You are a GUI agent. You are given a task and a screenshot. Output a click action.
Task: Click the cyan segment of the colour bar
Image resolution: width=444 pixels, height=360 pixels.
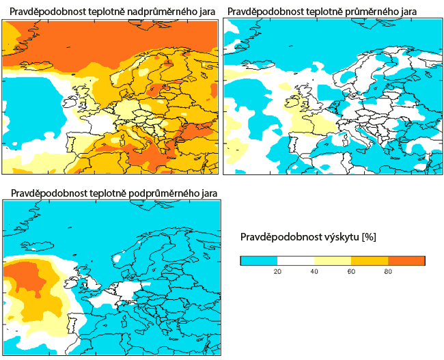259,260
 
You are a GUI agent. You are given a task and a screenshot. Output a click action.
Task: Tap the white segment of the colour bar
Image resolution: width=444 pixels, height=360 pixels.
296,260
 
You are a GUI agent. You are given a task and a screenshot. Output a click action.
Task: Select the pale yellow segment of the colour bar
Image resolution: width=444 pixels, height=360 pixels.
333,260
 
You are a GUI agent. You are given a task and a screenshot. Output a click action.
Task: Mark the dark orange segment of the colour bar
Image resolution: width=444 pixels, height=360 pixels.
406,260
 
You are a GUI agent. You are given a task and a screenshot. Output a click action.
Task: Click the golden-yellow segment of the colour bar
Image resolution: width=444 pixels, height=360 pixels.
370,260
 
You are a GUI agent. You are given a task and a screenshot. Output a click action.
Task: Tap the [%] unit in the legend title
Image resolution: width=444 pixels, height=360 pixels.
369,237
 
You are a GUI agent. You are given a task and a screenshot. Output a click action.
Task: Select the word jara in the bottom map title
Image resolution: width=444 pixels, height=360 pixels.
208,193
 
